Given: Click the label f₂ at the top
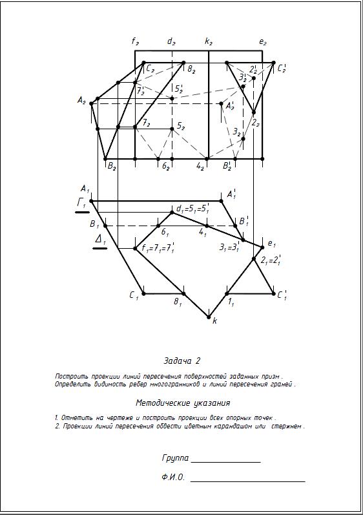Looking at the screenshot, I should point(135,42).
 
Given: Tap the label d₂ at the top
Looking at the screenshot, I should point(171,42).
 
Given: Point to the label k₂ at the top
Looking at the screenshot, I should point(209,42).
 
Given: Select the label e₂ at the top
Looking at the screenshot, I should point(263,43).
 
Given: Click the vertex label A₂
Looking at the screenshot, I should point(81,100).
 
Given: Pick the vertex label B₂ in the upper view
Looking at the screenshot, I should point(112,167).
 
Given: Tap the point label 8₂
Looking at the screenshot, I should point(191,68).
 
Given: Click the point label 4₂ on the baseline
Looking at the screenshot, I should point(200,167).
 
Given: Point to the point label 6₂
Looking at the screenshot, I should point(165,167).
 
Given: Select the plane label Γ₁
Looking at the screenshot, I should point(82,204).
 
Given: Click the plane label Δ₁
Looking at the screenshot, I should point(100,240).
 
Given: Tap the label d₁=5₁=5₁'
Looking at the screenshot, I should point(192,209).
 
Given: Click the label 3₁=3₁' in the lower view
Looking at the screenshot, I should point(229,247).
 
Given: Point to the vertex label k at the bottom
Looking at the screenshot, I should point(215,321).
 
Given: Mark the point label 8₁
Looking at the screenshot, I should point(178,301).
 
